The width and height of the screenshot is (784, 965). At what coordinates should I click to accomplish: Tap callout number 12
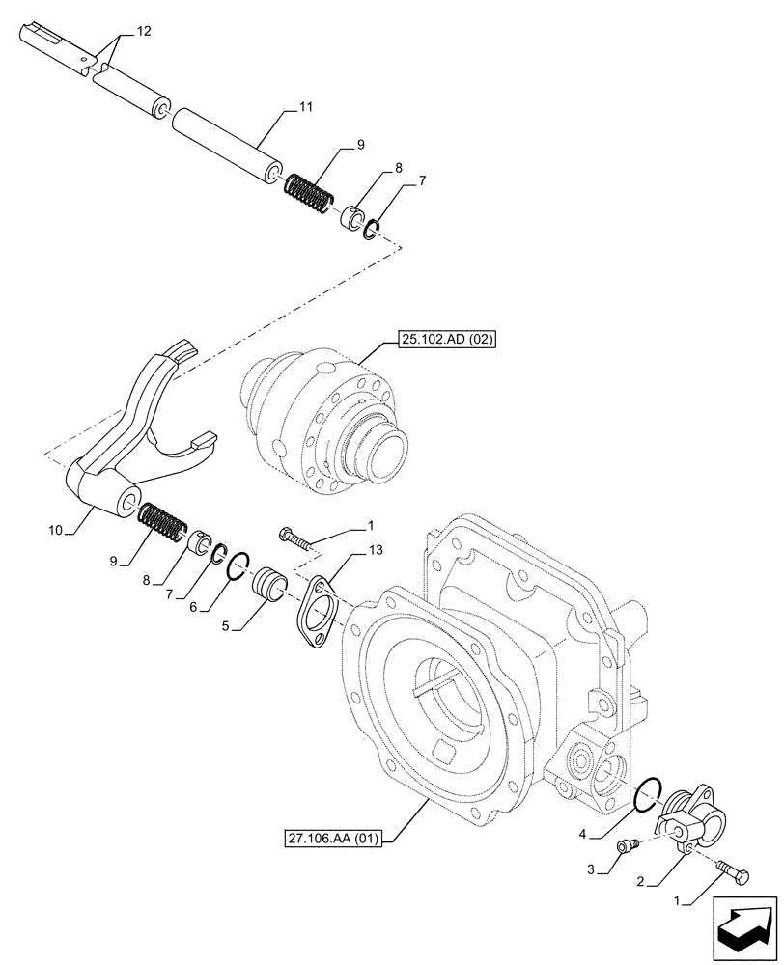[143, 32]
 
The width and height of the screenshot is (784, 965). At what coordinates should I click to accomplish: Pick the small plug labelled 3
[625, 846]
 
